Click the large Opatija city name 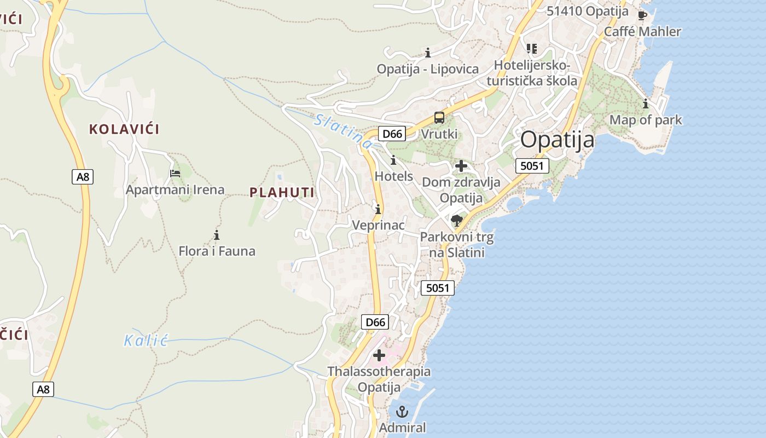557,140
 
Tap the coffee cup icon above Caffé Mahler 642,15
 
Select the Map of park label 646,120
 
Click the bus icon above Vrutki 439,118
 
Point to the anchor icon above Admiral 402,411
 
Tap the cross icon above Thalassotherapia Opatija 379,355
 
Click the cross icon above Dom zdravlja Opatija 461,165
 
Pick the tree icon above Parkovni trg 457,221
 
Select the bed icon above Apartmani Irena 175,174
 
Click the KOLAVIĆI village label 124,130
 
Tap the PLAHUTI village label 282,192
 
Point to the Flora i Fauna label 217,251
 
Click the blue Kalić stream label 145,341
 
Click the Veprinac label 378,225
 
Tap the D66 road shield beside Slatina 392,134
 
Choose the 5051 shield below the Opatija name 532,165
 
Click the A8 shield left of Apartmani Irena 83,177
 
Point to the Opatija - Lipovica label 427,69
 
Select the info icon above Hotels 393,160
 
